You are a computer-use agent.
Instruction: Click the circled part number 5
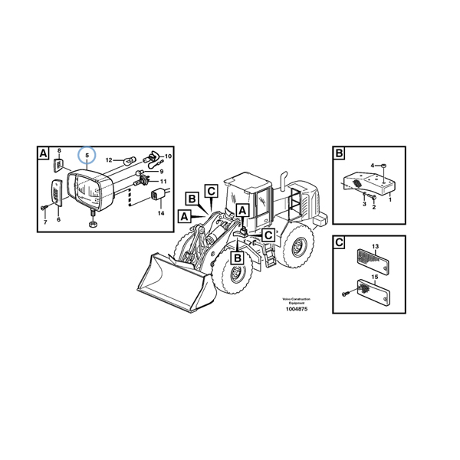pos(87,156)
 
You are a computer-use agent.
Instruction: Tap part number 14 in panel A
pos(161,213)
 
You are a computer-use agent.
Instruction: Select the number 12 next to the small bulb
pos(109,160)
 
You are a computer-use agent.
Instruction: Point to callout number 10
pos(168,156)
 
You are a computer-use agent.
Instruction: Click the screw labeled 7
pos(44,208)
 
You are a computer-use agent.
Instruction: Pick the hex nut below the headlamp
pos(93,225)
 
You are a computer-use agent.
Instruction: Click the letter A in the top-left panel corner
pos(43,153)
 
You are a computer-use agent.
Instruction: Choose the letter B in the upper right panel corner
pos(339,153)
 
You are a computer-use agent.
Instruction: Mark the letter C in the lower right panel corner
pos(339,242)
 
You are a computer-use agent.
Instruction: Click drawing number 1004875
pos(297,309)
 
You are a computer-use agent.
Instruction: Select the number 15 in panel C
pos(375,277)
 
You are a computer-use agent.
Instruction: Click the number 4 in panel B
pos(373,166)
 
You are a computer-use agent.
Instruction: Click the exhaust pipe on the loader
pos(284,180)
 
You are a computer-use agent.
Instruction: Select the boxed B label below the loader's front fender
pos(238,258)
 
